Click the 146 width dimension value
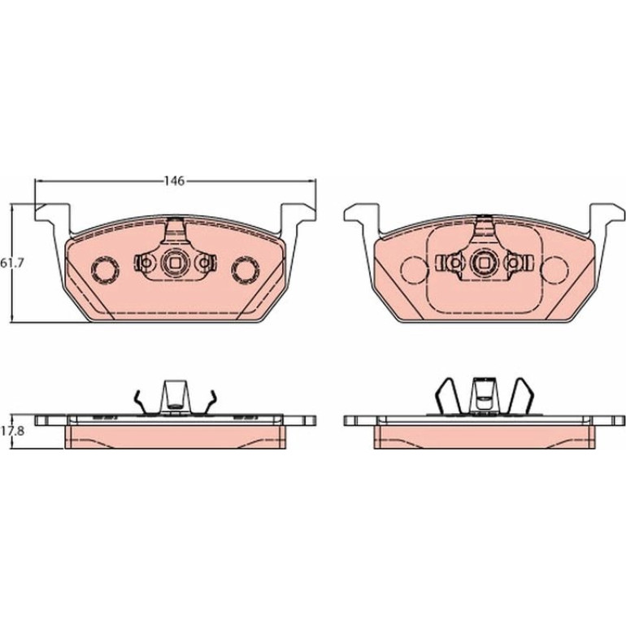[x=175, y=180]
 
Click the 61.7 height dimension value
[x=13, y=263]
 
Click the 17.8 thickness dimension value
[x=13, y=431]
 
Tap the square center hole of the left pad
[x=175, y=263]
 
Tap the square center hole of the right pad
[x=485, y=263]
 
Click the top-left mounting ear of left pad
[x=53, y=213]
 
